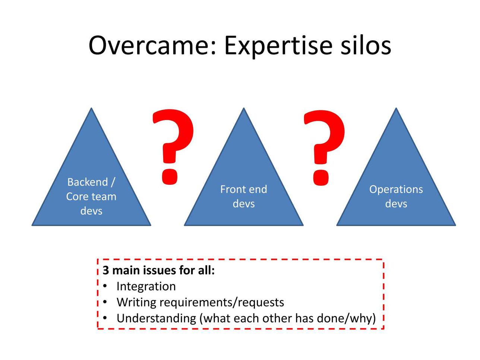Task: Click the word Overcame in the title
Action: pos(152,45)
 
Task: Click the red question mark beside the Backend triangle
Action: pos(173,147)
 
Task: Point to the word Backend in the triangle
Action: pos(88,182)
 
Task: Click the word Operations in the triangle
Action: pos(396,190)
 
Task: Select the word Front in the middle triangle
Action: pos(232,189)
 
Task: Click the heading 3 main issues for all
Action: pos(159,271)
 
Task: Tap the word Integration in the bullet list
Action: pos(146,287)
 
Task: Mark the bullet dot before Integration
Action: pos(105,286)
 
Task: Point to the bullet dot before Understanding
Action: pos(105,318)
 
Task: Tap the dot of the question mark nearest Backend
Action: pos(170,177)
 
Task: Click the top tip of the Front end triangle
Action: pos(244,108)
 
